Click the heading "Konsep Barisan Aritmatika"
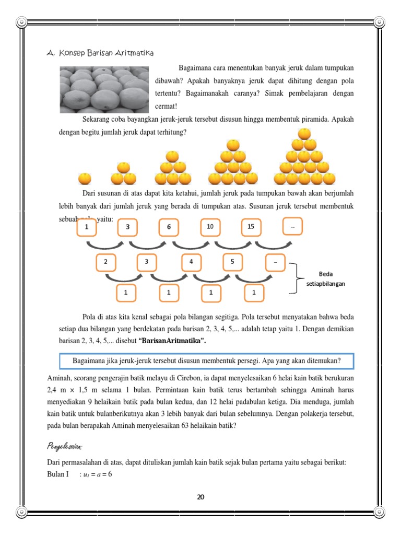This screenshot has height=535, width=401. [x=100, y=53]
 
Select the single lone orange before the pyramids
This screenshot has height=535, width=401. [x=85, y=179]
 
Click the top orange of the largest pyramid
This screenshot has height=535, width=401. [x=304, y=134]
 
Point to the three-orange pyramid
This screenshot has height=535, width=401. [x=123, y=173]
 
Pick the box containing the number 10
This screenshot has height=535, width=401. [x=210, y=227]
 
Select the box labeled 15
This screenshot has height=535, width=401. [x=251, y=227]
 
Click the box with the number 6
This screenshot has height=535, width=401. [x=169, y=228]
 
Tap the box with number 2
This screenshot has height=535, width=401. [x=106, y=262]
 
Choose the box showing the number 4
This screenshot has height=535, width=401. [x=192, y=262]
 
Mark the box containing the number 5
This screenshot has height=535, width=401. [x=232, y=262]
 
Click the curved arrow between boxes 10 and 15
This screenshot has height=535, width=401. [x=231, y=245]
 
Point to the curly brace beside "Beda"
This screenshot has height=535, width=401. [x=298, y=278]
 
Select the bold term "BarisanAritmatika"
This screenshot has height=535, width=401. [x=172, y=341]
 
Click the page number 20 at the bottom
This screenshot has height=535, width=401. [x=200, y=497]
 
